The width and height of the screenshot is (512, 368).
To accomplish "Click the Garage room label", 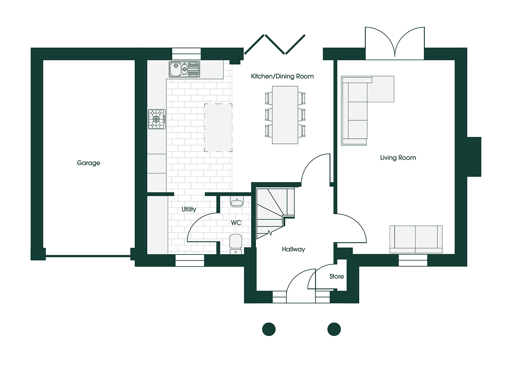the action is tap(88, 163).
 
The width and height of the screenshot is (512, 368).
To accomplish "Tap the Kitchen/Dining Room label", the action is tap(282, 76).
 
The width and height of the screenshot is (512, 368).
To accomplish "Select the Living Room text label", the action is tap(398, 158).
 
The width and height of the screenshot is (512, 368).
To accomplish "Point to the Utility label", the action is tap(189, 209).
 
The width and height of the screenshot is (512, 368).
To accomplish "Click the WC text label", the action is tap(236, 223).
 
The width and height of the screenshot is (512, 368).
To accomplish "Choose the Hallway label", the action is tap(293, 249).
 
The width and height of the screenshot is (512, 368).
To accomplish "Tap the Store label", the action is tap(336, 276).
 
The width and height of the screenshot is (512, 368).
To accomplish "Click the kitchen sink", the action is tap(184, 69).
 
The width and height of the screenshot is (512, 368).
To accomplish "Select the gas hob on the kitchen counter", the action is tap(156, 119).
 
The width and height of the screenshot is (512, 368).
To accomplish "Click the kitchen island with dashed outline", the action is tap(218, 128).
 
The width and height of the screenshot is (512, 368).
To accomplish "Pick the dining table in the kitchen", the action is tap(285, 115).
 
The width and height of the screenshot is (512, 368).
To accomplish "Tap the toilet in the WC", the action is tap(236, 244).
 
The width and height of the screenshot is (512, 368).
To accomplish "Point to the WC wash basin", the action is tap(237, 201).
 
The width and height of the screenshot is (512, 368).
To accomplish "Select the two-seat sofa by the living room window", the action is tap(416, 239).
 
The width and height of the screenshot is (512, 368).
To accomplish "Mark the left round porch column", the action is tap(269, 329).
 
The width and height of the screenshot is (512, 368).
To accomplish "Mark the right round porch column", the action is tap(334, 329).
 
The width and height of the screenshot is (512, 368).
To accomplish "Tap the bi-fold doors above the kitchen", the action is tap(275, 45).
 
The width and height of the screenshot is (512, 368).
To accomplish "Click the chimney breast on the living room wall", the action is tap(474, 157).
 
